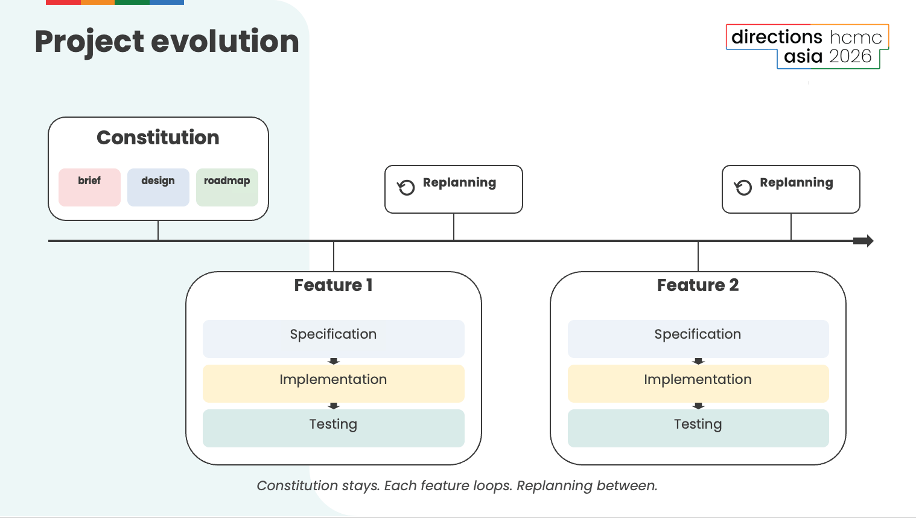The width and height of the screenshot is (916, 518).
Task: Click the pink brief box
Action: click(x=89, y=187)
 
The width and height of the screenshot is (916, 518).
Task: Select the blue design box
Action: click(x=158, y=187)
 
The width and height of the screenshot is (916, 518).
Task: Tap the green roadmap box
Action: click(x=227, y=187)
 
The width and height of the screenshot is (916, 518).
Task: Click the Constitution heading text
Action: click(x=158, y=138)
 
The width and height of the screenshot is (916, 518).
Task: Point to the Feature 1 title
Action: click(x=333, y=285)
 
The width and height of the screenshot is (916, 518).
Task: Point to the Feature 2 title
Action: click(x=698, y=285)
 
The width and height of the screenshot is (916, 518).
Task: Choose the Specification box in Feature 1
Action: click(x=334, y=339)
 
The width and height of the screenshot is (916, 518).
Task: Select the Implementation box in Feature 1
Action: click(x=334, y=383)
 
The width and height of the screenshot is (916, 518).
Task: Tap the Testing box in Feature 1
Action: click(x=334, y=429)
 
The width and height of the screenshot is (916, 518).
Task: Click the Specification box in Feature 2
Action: click(x=698, y=339)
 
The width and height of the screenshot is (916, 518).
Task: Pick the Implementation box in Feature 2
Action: click(x=698, y=383)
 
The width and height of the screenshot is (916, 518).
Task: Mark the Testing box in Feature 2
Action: click(x=698, y=429)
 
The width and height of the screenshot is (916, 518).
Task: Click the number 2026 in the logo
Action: click(x=850, y=57)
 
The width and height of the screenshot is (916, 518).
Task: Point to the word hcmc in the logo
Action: click(x=856, y=37)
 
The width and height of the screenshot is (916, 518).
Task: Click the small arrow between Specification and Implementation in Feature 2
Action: click(x=698, y=361)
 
